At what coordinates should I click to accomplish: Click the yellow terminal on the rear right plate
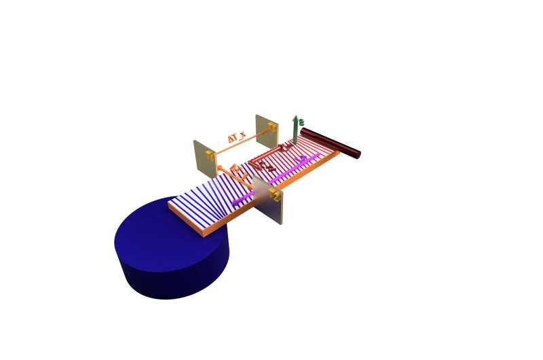point(271,126)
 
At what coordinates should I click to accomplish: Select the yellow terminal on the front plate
point(276,196)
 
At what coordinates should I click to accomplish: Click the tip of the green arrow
point(295,117)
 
